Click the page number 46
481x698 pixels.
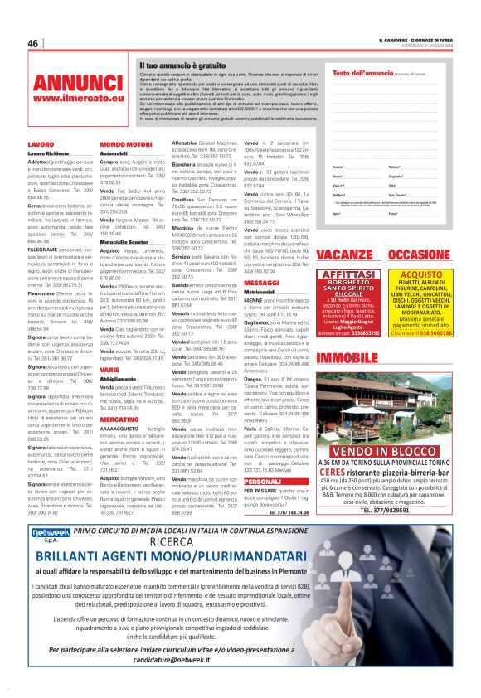pyautogui.click(x=34, y=43)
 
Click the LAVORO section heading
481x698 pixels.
pyautogui.click(x=41, y=144)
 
